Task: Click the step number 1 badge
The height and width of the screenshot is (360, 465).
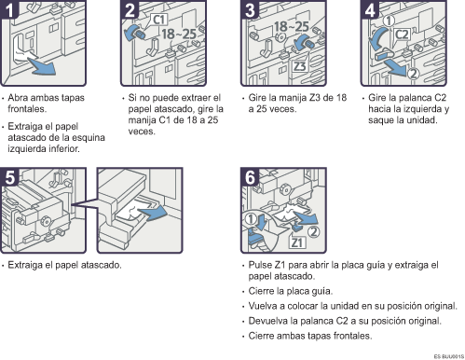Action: [x=9, y=9]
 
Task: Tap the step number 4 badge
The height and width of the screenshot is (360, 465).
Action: [x=370, y=9]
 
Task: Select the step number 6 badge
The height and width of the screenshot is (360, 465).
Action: [x=250, y=177]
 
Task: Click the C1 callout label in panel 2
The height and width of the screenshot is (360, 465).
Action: [x=159, y=20]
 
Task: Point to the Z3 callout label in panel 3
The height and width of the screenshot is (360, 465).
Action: [x=300, y=66]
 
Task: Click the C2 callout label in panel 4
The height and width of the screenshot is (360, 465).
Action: [x=402, y=34]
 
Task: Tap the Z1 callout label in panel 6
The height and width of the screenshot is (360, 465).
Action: [x=297, y=242]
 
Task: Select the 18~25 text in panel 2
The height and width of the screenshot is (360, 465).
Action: [x=179, y=34]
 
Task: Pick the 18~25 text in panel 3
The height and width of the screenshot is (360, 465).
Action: [x=292, y=27]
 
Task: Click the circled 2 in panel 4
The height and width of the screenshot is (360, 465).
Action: [x=413, y=74]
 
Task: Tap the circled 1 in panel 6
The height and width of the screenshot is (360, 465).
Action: [x=251, y=219]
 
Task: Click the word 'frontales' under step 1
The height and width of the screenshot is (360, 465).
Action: [x=26, y=109]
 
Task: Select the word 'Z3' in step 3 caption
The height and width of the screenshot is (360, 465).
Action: [x=315, y=98]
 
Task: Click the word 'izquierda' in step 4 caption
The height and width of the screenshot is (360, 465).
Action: [x=424, y=109]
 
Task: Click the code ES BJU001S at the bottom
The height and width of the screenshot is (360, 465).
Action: [x=449, y=356]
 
